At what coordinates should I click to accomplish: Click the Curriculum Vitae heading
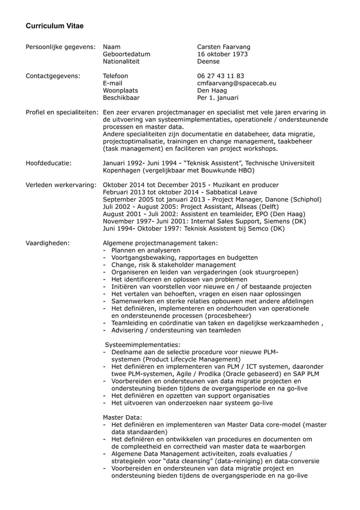(x=55, y=26)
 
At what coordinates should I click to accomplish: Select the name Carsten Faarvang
(x=223, y=46)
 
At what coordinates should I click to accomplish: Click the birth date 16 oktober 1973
(x=222, y=54)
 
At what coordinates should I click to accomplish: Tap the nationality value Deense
(x=208, y=62)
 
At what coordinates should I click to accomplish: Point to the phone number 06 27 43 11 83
(x=221, y=76)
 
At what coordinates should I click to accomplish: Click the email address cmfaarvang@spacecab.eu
(x=236, y=83)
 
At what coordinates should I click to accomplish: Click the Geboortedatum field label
(x=126, y=54)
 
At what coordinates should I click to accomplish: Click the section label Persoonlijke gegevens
(x=60, y=46)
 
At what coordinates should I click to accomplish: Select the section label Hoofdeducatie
(x=49, y=163)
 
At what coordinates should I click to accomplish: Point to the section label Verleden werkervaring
(x=61, y=185)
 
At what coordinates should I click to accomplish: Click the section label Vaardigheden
(x=48, y=243)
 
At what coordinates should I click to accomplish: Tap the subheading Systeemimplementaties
(x=143, y=345)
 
